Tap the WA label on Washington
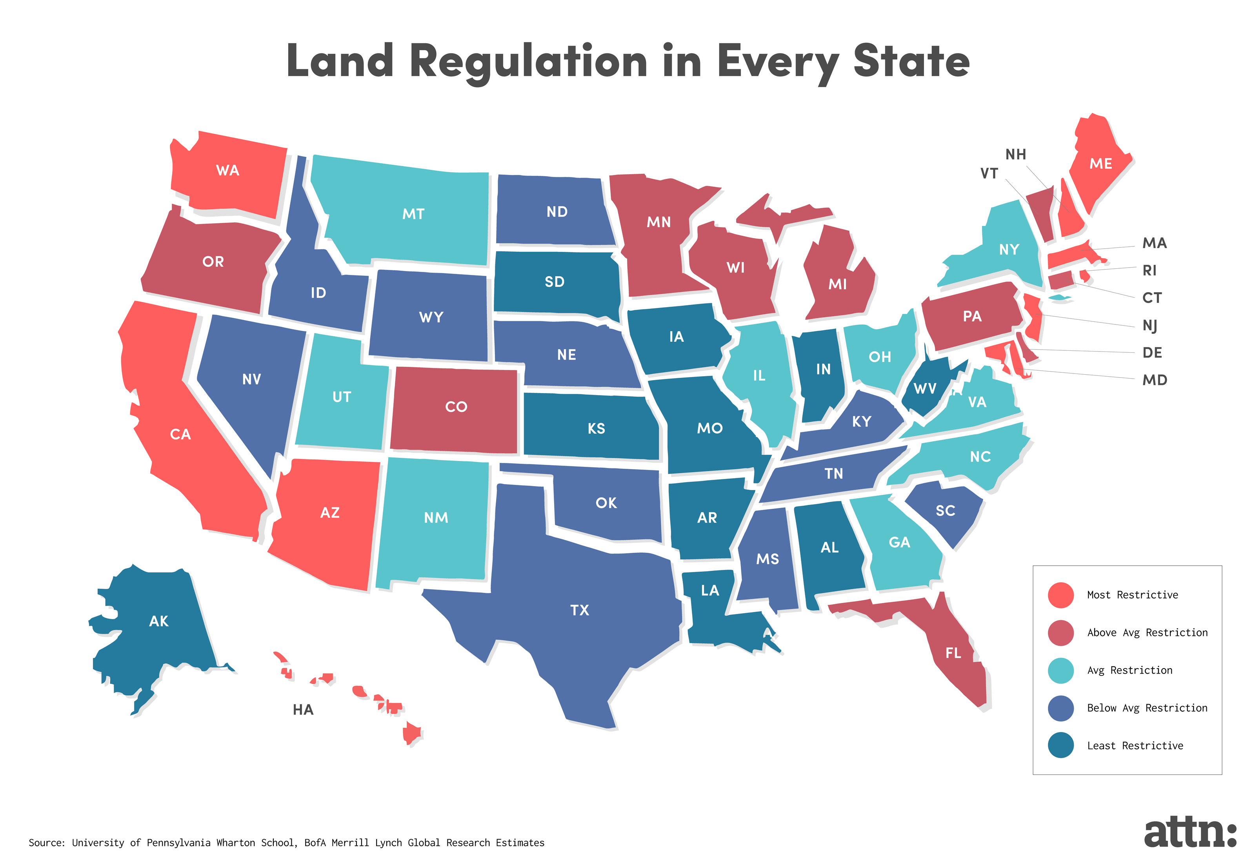pyautogui.click(x=227, y=171)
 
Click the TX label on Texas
pyautogui.click(x=579, y=610)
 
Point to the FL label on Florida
pyautogui.click(x=953, y=653)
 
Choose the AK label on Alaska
pyautogui.click(x=158, y=621)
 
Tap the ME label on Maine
pyautogui.click(x=1100, y=164)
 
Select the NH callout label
pyautogui.click(x=1015, y=154)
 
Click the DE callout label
pyautogui.click(x=1152, y=353)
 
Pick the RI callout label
pyautogui.click(x=1149, y=270)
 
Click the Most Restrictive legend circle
pyautogui.click(x=1060, y=595)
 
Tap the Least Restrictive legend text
pyautogui.click(x=1135, y=746)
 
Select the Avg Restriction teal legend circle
pyautogui.click(x=1060, y=670)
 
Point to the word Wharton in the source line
pyautogui.click(x=236, y=843)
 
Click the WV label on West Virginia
pyautogui.click(x=924, y=388)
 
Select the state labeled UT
pyautogui.click(x=341, y=397)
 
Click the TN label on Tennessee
pyautogui.click(x=833, y=474)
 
